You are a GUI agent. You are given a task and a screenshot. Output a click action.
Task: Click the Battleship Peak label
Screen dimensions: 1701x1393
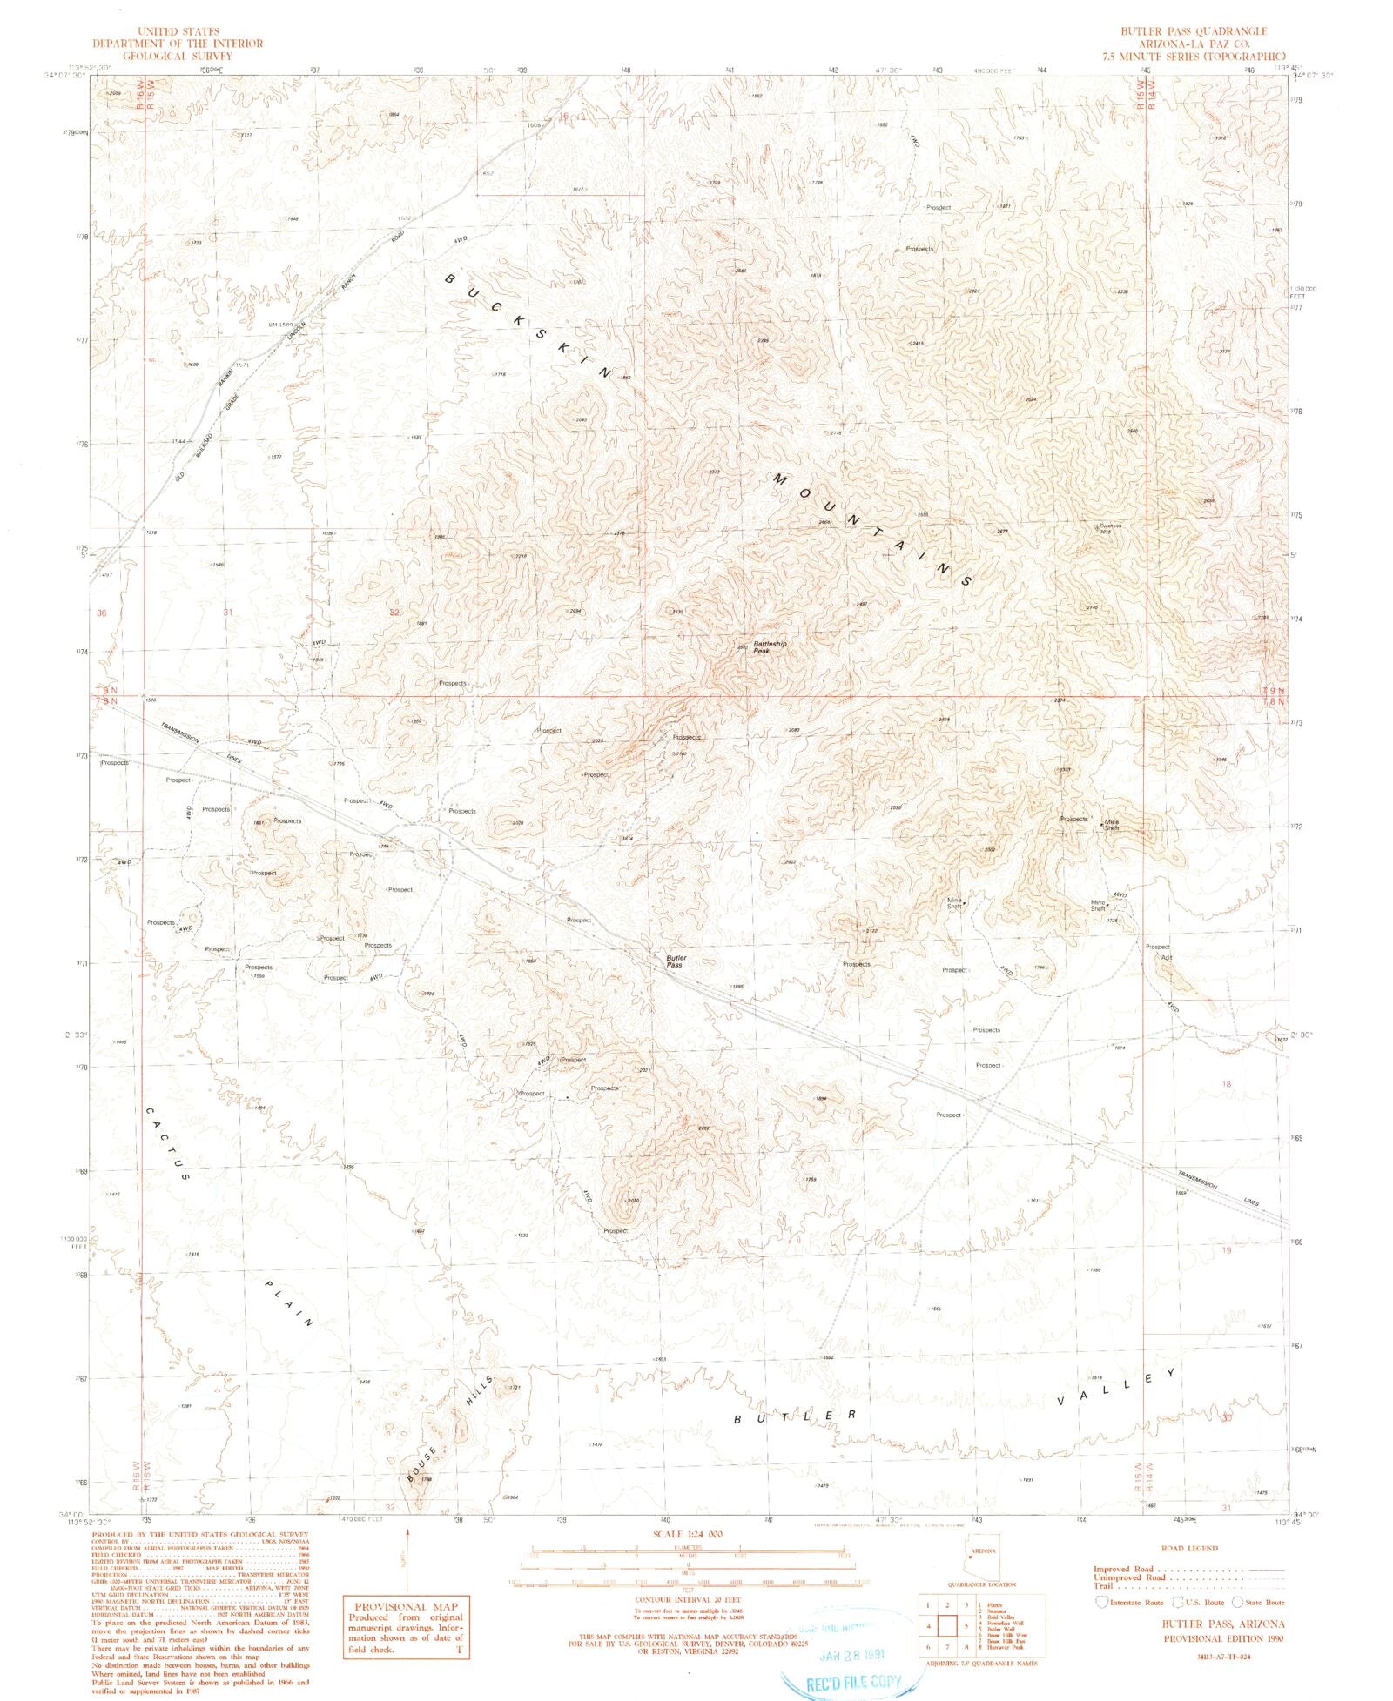click(769, 647)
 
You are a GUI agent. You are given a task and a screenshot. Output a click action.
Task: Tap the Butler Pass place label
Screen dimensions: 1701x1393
click(676, 961)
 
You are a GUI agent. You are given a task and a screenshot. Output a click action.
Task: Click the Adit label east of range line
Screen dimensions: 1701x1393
click(1167, 957)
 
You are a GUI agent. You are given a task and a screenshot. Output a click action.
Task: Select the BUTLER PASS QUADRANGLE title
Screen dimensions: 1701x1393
click(1194, 31)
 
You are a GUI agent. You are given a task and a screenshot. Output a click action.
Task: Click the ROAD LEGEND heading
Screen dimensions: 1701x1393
click(1189, 1548)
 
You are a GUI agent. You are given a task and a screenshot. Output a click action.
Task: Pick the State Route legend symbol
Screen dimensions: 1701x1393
click(1238, 1602)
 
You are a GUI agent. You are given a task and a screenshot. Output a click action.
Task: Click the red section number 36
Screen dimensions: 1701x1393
click(102, 613)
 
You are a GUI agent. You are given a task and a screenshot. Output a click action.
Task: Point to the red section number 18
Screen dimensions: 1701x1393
click(1226, 1084)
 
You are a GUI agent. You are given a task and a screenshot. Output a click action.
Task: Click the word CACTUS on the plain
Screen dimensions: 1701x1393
click(166, 1143)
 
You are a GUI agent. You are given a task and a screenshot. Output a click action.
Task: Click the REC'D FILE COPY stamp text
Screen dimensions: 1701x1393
click(853, 1682)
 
